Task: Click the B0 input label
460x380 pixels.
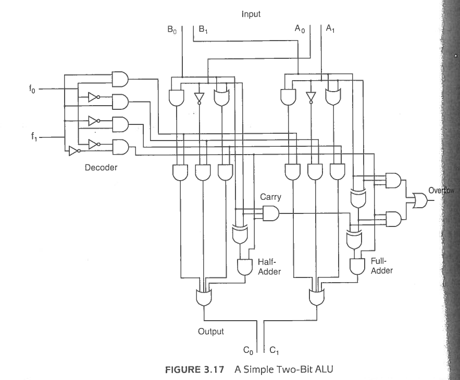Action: point(172,30)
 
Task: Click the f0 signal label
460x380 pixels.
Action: point(32,88)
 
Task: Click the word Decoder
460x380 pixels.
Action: point(101,168)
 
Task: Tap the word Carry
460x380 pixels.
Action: point(270,197)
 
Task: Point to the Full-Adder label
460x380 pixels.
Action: point(381,265)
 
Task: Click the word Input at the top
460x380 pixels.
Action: point(251,14)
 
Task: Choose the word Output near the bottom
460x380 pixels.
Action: point(210,332)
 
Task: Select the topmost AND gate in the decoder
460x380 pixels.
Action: point(120,79)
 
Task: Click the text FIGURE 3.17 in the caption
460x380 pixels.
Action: point(194,370)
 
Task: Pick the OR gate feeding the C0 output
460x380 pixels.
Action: point(204,298)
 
